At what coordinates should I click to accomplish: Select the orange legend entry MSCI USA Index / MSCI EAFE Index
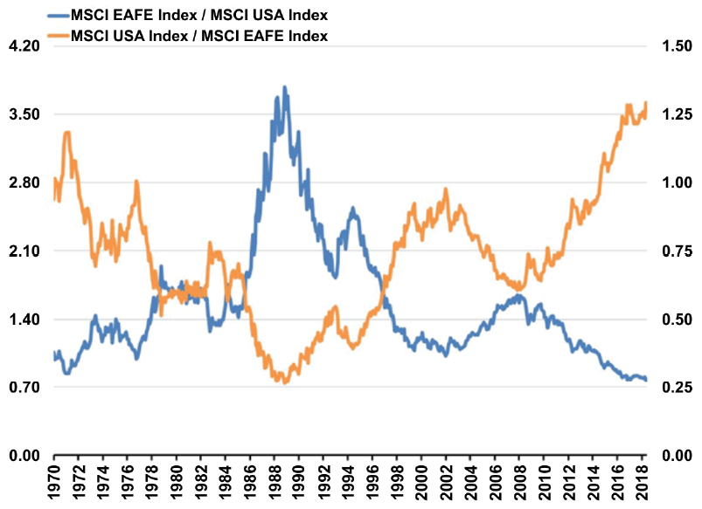point(201,35)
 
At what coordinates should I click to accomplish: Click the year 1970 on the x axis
point(55,484)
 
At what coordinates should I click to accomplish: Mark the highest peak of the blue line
point(285,87)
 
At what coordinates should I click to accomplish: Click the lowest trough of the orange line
point(285,382)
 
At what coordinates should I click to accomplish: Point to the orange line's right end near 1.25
point(646,103)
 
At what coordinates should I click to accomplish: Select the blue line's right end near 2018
point(646,380)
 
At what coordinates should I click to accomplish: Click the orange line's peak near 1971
point(67,132)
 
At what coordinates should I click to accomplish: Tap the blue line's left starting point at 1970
point(54,353)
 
